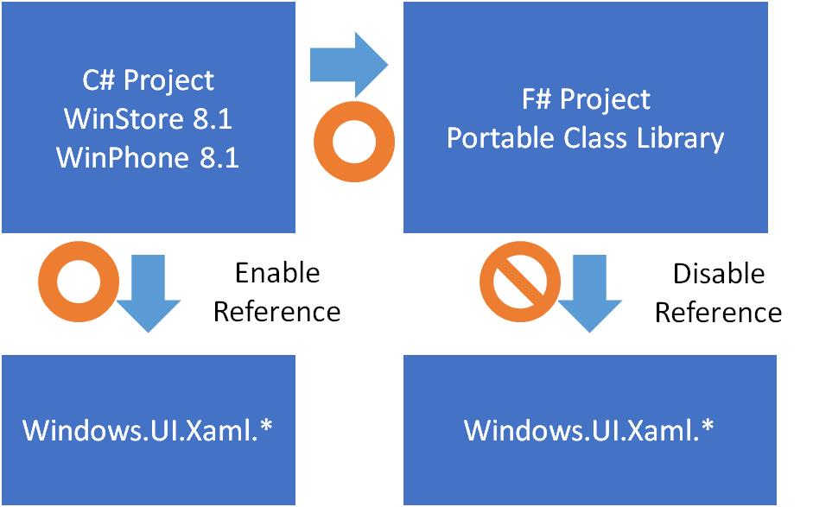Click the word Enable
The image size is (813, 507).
click(x=277, y=274)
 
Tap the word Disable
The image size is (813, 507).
click(x=718, y=274)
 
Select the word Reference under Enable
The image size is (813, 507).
click(x=277, y=311)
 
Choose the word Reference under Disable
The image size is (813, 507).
click(x=718, y=312)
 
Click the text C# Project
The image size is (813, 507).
click(x=148, y=80)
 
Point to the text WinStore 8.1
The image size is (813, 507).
click(x=148, y=119)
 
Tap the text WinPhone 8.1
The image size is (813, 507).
click(x=148, y=158)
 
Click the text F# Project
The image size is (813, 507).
click(x=586, y=99)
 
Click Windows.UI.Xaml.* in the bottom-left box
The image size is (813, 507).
click(x=148, y=429)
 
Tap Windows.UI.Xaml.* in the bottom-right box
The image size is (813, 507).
click(x=589, y=429)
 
